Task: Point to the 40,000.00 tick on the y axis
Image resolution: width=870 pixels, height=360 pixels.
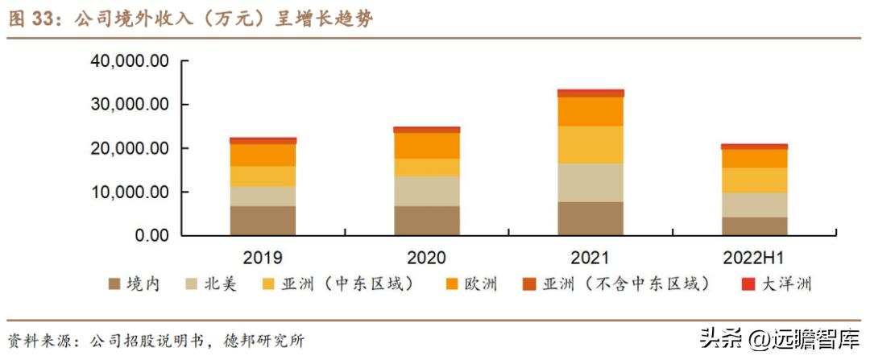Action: coord(130,61)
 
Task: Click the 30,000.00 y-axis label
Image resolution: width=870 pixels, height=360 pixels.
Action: coord(130,105)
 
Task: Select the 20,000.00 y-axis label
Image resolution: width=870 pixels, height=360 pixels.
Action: coord(130,149)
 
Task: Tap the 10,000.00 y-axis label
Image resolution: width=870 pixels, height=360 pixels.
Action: coord(130,192)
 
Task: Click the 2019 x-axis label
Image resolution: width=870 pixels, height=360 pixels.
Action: coord(263,259)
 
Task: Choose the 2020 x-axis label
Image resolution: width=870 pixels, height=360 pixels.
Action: coord(427,259)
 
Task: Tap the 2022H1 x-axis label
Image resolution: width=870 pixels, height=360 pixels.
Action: coord(754,259)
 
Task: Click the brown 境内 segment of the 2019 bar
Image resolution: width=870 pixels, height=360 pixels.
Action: coord(263,221)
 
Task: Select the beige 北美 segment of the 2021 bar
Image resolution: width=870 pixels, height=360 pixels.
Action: coord(590,183)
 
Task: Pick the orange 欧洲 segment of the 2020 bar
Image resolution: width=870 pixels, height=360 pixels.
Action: coord(427,146)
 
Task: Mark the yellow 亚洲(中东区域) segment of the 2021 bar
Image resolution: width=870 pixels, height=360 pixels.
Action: coord(590,145)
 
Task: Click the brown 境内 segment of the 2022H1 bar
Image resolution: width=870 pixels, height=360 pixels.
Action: coord(754,226)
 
